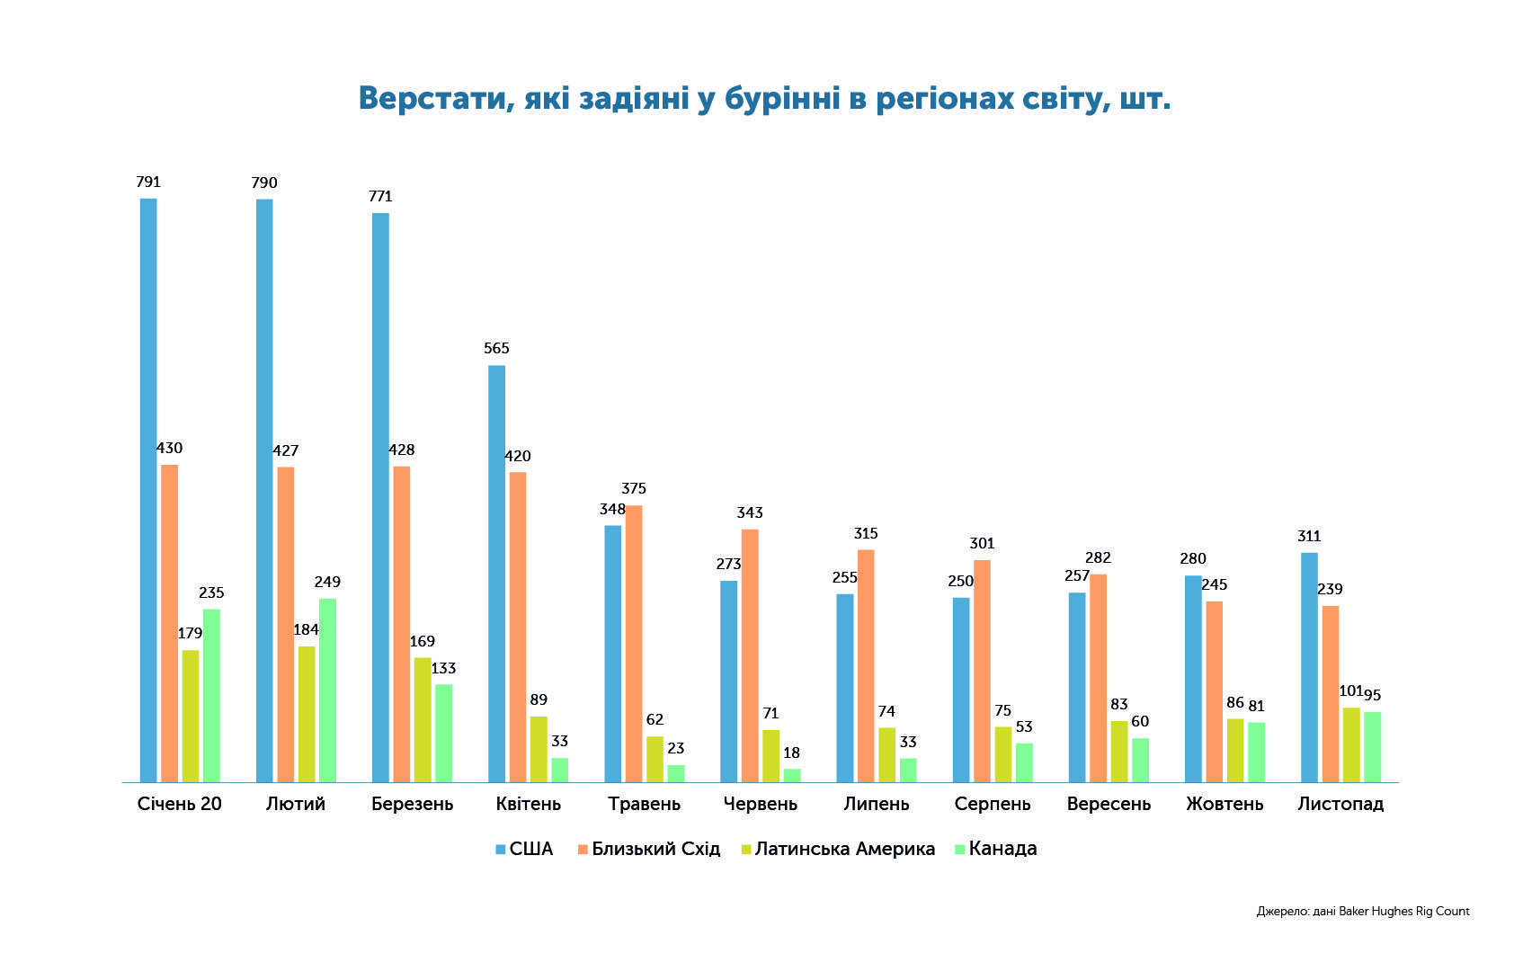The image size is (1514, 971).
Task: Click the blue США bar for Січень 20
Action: coord(148,491)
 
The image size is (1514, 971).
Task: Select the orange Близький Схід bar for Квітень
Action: coord(518,627)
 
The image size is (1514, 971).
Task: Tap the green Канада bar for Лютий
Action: coord(328,690)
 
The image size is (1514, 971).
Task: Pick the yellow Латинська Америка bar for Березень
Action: coord(423,719)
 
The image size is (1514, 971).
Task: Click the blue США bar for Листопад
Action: coord(1309,668)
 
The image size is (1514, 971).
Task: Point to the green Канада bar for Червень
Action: coord(792,776)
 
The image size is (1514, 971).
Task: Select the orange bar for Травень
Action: coord(634,644)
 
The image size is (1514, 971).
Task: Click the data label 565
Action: coord(497,349)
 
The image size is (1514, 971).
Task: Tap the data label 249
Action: coord(328,583)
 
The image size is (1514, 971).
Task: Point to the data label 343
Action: coord(750,512)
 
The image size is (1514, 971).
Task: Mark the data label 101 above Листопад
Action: coord(1350,691)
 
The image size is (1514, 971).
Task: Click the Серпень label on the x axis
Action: coord(993,804)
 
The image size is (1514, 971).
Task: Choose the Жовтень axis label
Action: coord(1225,804)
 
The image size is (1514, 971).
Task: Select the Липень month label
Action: coord(876,804)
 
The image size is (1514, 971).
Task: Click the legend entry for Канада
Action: coord(995,849)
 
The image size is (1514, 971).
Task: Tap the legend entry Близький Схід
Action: coord(649,849)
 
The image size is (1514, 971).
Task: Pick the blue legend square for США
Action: coord(501,850)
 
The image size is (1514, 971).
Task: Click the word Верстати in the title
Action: coord(432,99)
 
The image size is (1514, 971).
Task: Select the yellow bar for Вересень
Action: coord(1119,752)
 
